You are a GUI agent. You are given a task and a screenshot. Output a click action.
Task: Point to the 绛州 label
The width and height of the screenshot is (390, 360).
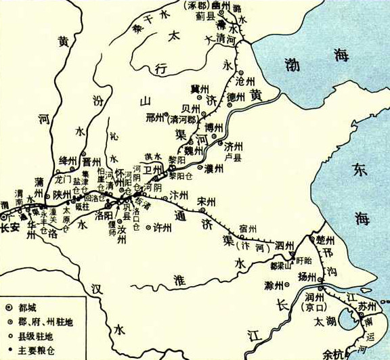tap(69, 158)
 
